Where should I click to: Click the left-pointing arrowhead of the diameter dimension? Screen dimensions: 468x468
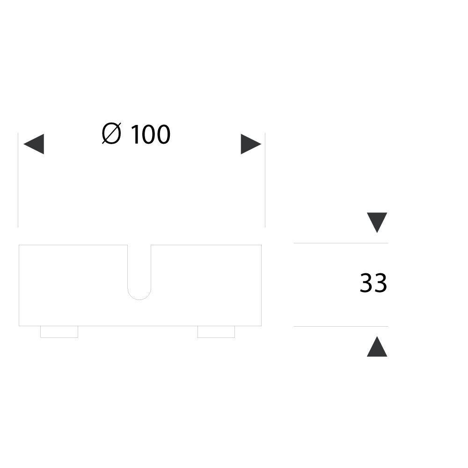34,144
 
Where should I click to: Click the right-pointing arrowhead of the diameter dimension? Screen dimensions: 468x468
251,144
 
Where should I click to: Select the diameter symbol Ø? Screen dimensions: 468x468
111,133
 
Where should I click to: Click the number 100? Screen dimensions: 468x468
151,134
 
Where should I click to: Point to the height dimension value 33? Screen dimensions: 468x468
373,282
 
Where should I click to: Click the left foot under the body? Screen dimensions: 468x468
59,332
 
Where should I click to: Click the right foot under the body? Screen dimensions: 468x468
216,332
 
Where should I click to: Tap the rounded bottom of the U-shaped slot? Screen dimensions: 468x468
139,300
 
